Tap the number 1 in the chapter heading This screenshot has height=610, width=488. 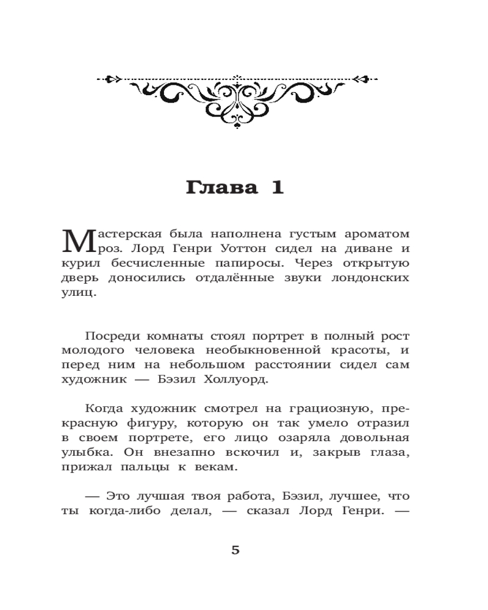click(276, 187)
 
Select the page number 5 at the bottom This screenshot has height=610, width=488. click(235, 550)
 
